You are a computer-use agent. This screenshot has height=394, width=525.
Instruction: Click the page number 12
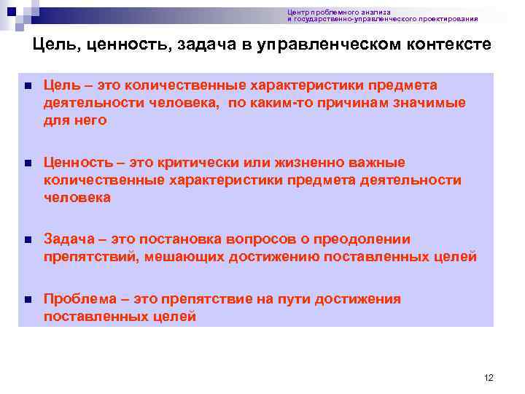click(489, 377)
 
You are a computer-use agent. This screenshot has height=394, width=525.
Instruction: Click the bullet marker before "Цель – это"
click(28, 86)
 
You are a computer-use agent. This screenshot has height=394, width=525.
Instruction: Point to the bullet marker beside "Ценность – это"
click(28, 163)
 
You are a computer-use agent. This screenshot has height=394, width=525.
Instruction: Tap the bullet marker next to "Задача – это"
click(28, 240)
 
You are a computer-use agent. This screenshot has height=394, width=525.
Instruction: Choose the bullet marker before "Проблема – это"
click(28, 300)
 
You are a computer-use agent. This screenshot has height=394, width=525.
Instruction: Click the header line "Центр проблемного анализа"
click(338, 12)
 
